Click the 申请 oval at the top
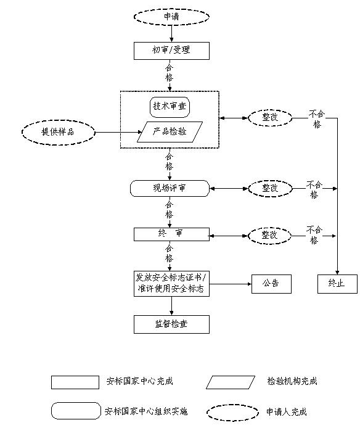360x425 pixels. coord(171,17)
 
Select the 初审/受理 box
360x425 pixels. coord(171,50)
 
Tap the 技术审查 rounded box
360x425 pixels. coord(169,106)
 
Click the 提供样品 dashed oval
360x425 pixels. coord(59,131)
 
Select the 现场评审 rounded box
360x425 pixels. coord(170,188)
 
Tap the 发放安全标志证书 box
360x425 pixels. coord(171,283)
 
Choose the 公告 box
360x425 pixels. coord(271,284)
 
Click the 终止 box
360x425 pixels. coord(337,284)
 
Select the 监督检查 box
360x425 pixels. coord(171,323)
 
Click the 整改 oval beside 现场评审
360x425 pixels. coord(269,188)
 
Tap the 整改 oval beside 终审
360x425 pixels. coord(269,235)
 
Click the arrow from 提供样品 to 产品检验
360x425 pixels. coord(117,132)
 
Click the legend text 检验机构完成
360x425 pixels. coord(292,382)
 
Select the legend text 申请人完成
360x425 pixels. coord(286,411)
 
